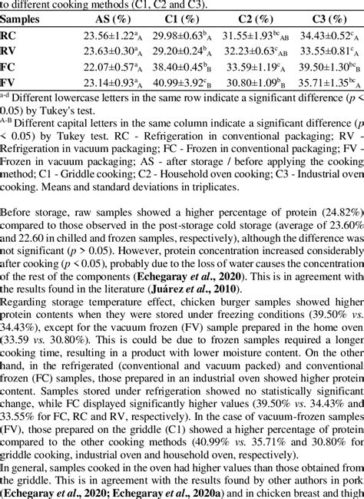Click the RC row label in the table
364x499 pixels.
pyautogui.click(x=9, y=36)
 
